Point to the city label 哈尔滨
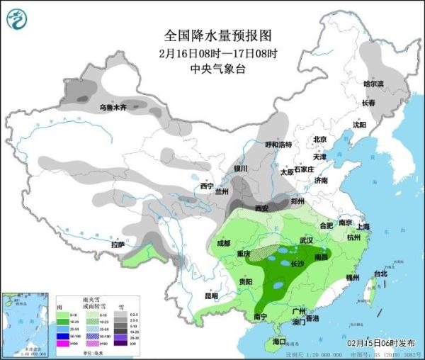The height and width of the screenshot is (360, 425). point(373,84)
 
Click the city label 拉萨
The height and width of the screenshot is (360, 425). point(118,244)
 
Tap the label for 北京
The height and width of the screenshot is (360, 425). point(319,140)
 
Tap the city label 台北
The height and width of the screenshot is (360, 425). point(380,274)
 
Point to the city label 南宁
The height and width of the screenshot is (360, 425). point(259,317)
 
